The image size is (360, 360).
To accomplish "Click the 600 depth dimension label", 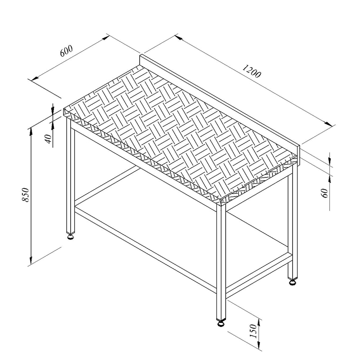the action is click(66, 51).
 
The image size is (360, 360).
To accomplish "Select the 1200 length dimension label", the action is click(251, 71).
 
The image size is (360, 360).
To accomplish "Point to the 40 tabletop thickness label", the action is click(48, 139).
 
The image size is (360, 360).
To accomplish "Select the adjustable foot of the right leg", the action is click(292, 282).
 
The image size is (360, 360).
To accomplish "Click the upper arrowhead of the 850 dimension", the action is click(31, 132).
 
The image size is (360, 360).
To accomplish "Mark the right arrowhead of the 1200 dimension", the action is click(328, 124).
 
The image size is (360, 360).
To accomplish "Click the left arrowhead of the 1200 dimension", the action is click(178, 37).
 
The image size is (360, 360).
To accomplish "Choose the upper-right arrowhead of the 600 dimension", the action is click(106, 38).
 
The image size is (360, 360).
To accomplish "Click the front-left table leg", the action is click(71, 175).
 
